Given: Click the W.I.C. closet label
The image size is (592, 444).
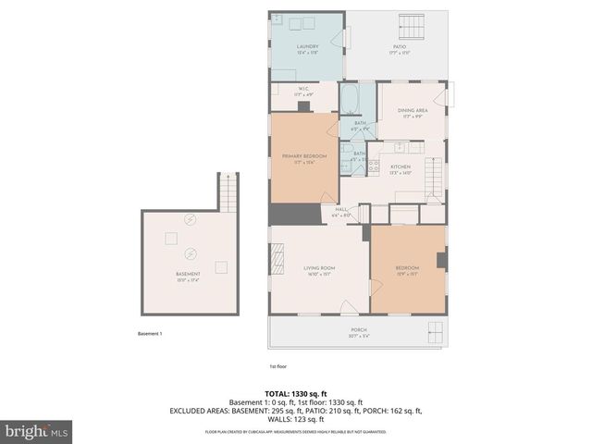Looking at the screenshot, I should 302,91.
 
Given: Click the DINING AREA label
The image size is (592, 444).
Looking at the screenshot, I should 412,112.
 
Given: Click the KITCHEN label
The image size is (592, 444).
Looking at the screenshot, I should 400,168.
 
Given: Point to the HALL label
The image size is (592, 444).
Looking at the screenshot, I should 340,212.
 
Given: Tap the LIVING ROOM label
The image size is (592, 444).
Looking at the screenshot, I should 319,270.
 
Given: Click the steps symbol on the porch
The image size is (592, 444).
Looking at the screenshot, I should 435,333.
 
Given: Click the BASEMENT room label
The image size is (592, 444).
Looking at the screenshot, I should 188,276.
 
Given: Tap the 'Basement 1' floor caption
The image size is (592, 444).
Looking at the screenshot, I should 150,333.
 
